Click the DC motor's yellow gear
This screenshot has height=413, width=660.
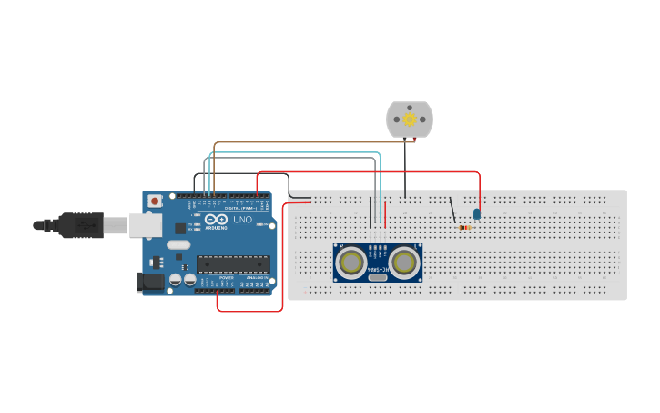point(410,119)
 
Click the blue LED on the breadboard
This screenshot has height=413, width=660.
point(477,213)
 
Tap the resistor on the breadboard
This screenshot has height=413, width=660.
point(466,227)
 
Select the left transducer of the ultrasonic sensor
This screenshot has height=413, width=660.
point(350,263)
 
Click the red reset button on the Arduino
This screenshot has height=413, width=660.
point(156,200)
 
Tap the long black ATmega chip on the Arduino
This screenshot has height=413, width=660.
point(233,264)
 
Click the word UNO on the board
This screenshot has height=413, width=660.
point(243,220)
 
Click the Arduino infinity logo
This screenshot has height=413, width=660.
point(215,221)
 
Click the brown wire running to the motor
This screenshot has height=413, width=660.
point(300,142)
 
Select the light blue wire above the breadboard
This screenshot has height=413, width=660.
point(291,152)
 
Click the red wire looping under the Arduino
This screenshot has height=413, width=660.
point(250,311)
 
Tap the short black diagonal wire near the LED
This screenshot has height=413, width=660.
point(452,210)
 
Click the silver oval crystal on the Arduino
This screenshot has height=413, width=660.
point(178,244)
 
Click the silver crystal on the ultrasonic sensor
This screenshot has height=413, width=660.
point(378,277)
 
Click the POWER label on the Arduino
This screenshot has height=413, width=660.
point(227,277)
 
